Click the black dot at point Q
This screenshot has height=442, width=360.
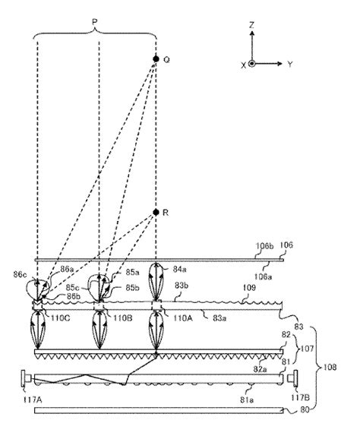156,58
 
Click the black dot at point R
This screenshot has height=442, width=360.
156,213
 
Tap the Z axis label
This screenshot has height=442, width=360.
251,25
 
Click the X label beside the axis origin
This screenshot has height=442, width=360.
243,65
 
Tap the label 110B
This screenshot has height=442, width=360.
124,320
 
